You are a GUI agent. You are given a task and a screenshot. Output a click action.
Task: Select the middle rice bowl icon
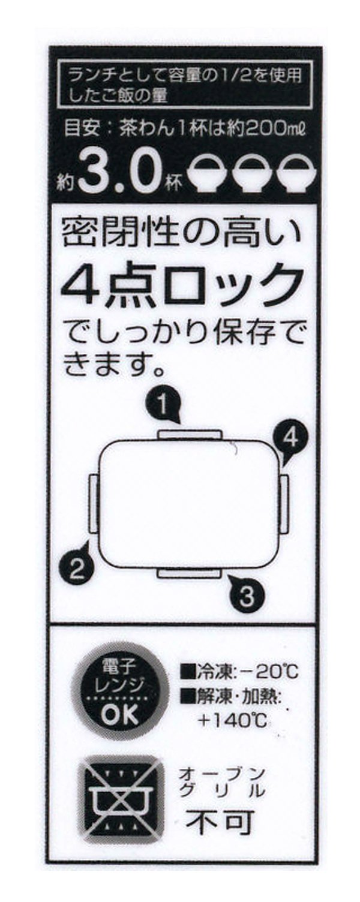tap(251, 175)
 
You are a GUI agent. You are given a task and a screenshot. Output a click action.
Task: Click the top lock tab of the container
tap(189, 435)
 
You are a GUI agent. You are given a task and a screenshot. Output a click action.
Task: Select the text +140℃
tap(232, 720)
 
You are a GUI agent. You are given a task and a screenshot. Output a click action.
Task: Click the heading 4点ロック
tap(182, 285)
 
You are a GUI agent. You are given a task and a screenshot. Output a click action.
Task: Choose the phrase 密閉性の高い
tap(182, 233)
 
